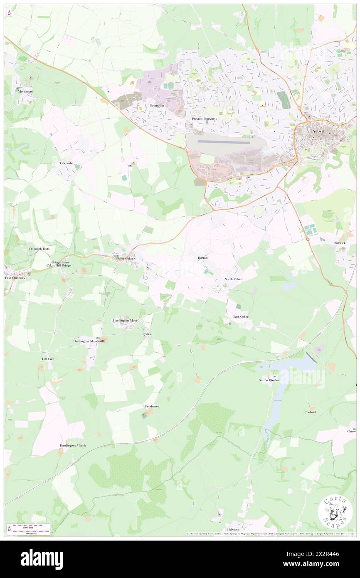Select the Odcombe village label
67,163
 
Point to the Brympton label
157,106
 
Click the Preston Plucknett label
204,119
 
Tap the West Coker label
126,259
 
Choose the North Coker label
233,279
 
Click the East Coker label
241,317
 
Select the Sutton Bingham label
270,380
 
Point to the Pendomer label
152,406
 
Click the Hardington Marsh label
73,446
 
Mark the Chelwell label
310,412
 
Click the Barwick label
339,242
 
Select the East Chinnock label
15,278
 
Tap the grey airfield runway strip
224,142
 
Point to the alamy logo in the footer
42,559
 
